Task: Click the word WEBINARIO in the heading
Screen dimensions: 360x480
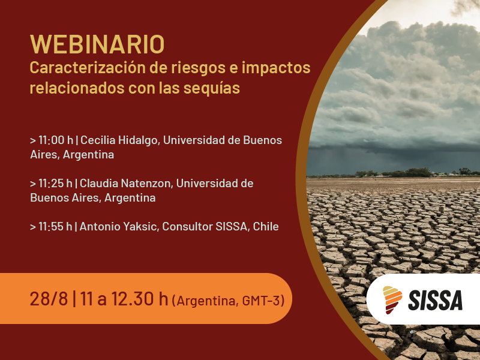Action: (97, 44)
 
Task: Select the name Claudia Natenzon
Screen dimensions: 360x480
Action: (125, 183)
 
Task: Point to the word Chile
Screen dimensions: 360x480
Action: (266, 226)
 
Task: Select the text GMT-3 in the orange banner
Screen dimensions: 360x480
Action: (261, 300)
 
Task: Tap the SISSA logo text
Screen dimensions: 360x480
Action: (436, 299)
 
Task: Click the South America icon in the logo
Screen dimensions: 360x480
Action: (393, 299)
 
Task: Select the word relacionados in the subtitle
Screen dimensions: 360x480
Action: (73, 88)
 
